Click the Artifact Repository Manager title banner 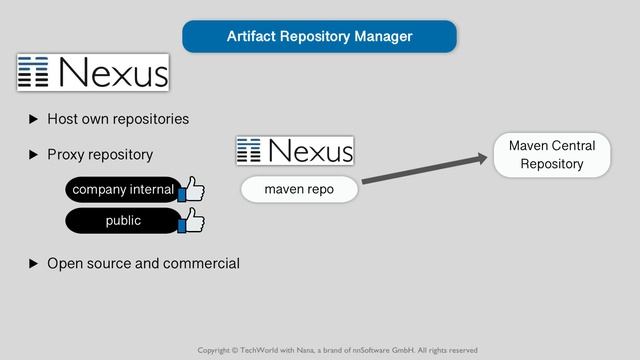(x=319, y=36)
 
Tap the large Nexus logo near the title (x=92, y=72)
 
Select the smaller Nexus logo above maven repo (x=295, y=150)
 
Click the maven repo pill (x=299, y=189)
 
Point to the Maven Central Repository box (x=551, y=155)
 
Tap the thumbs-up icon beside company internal (x=191, y=189)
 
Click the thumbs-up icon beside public (x=191, y=220)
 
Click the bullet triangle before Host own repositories (x=33, y=119)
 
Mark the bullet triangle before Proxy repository (x=33, y=155)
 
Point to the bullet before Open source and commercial (x=33, y=264)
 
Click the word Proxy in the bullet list (x=67, y=155)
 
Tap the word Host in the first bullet (x=64, y=119)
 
